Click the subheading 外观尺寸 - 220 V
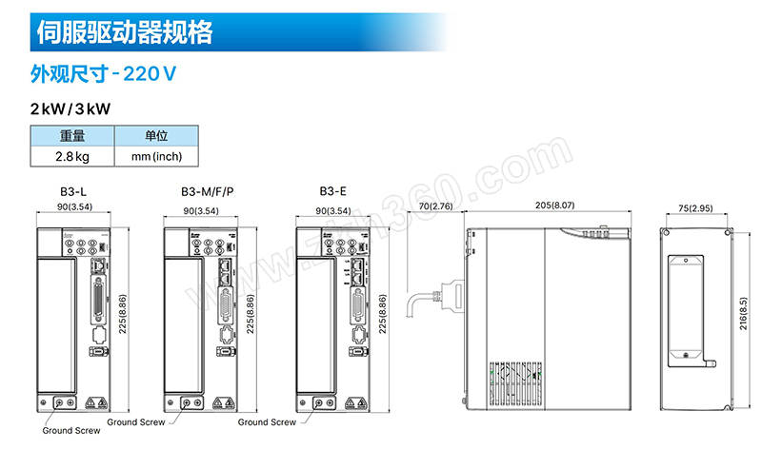(x=105, y=72)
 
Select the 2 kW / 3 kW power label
(x=70, y=109)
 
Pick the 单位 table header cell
(x=155, y=137)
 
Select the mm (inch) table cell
(x=155, y=156)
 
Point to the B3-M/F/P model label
(x=207, y=192)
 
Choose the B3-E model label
(x=332, y=192)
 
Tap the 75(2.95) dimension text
(x=695, y=207)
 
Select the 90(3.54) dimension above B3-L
(x=75, y=206)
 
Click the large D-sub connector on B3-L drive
(x=99, y=301)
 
